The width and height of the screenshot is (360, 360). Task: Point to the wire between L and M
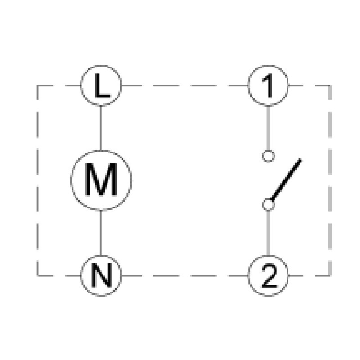[x=101, y=128]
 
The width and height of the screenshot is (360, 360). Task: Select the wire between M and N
[x=101, y=233]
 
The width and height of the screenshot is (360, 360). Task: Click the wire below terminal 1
[x=268, y=128]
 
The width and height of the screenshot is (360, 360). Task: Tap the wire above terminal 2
[x=268, y=233]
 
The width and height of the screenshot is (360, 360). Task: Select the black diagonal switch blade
[x=286, y=180]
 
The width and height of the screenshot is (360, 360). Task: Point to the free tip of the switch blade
[x=300, y=159]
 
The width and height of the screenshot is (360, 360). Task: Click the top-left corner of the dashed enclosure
[x=37, y=86]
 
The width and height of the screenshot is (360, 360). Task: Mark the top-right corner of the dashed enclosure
[x=330, y=86]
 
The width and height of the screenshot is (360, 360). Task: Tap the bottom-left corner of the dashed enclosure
[x=37, y=275]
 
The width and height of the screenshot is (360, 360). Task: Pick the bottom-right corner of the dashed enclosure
[x=330, y=275]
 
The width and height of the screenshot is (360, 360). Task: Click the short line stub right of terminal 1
[x=296, y=86]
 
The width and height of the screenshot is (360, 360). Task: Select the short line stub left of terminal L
[x=73, y=86]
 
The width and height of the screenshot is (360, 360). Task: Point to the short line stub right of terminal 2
[x=296, y=275]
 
